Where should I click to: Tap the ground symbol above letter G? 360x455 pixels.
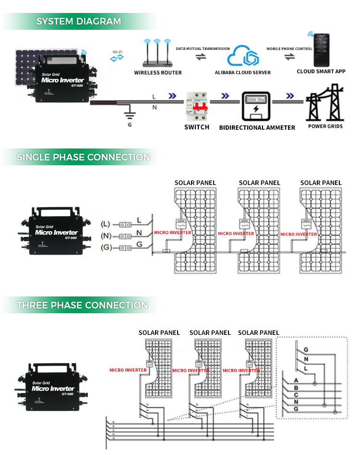coord(129,114)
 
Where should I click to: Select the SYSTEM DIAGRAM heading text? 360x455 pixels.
coord(79,21)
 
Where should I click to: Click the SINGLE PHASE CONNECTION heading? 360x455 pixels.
coord(83,157)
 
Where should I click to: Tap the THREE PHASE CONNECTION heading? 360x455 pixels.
coord(82,305)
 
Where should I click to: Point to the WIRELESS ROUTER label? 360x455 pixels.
coord(158,73)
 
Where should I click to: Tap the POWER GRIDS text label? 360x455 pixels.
coord(325,126)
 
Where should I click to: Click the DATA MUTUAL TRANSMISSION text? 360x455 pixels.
coord(203,49)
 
